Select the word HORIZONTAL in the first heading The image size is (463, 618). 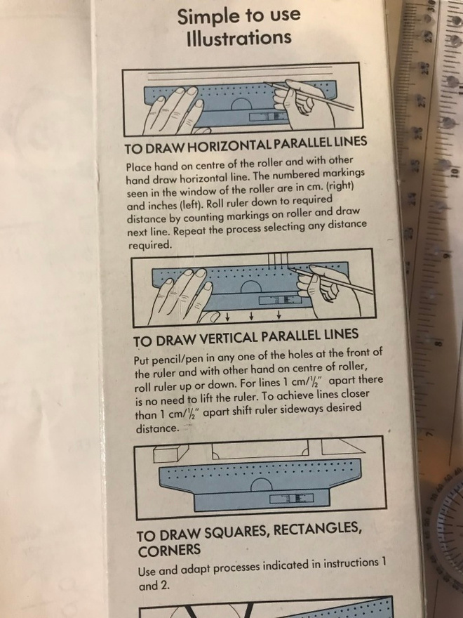pos(229,145)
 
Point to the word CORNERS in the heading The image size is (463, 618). pos(169,550)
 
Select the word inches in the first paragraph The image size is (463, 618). pos(152,206)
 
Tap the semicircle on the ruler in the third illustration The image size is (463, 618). pos(261,485)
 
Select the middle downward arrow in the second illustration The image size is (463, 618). pos(252,316)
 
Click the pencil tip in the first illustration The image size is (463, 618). pos(265,83)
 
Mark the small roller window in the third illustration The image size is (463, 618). pos(291,498)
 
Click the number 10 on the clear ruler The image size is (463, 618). pos(454,171)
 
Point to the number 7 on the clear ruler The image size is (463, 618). pos(430,433)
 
